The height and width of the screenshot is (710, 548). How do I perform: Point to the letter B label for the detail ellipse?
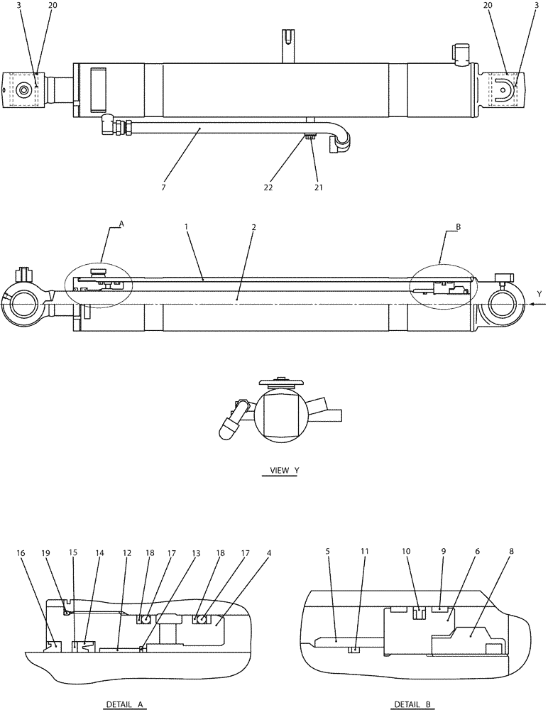(x=459, y=228)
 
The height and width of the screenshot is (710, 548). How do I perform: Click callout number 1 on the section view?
(x=185, y=226)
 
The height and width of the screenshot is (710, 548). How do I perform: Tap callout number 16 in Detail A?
(x=20, y=553)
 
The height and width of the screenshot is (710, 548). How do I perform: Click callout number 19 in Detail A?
(x=47, y=553)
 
